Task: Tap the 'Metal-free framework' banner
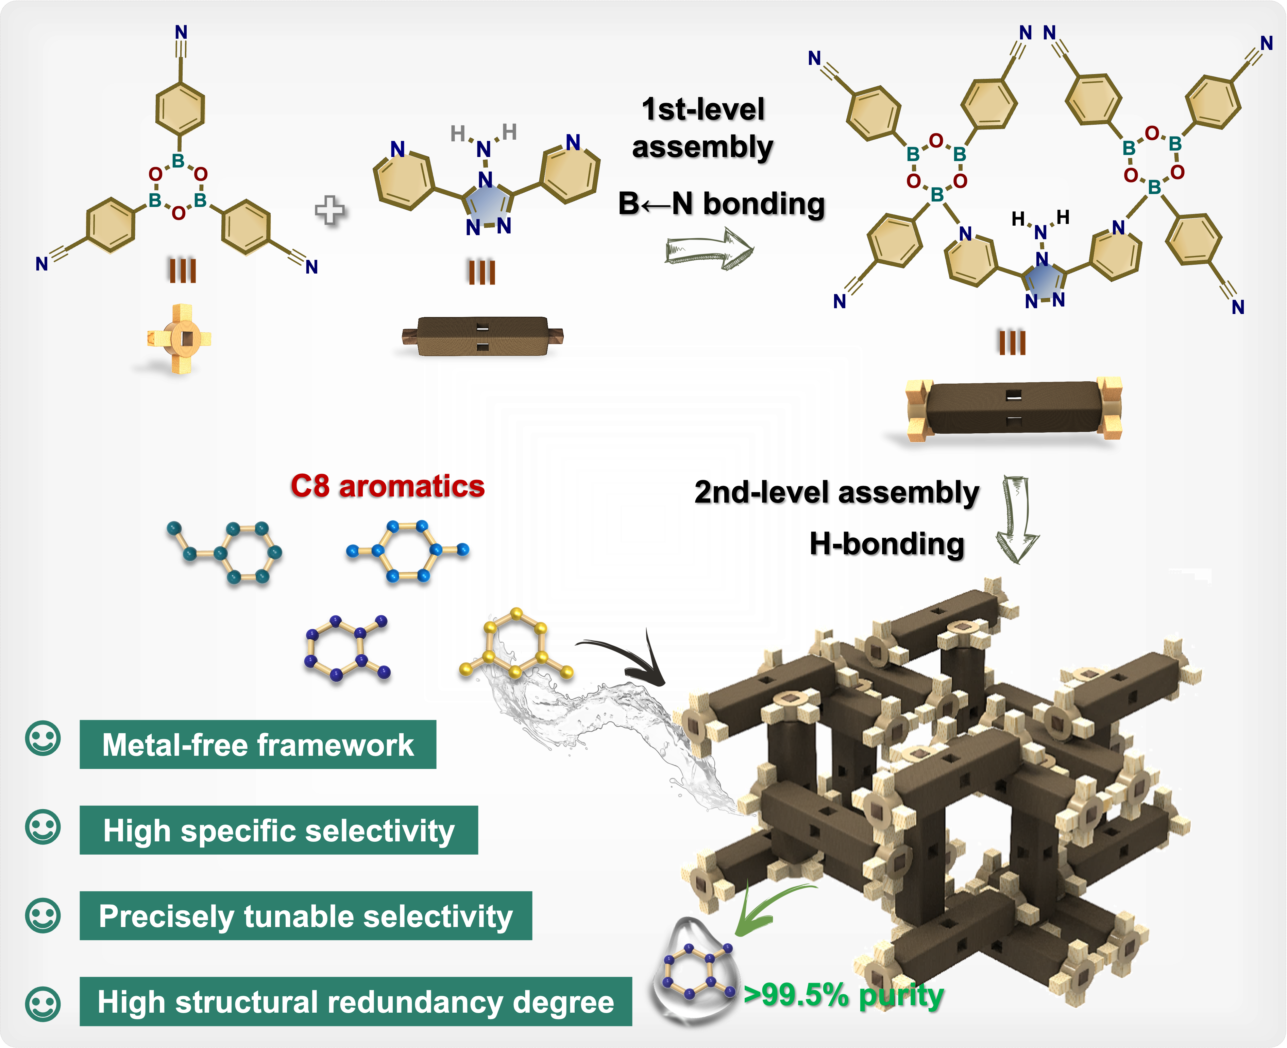click(x=258, y=744)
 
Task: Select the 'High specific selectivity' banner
click(x=278, y=830)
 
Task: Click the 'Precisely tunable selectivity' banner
click(x=306, y=916)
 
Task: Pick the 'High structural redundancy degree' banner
click(x=356, y=1001)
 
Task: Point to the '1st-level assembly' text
click(x=703, y=128)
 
